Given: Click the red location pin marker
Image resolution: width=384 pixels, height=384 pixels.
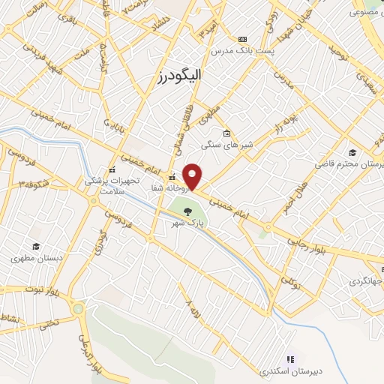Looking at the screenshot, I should (x=193, y=176).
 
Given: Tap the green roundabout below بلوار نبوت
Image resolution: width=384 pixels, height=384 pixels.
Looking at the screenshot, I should (x=78, y=308).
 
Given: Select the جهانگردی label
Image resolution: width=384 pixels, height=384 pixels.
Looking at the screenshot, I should (x=365, y=281).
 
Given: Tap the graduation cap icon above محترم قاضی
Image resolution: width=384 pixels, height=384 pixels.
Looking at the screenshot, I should (x=352, y=152).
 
